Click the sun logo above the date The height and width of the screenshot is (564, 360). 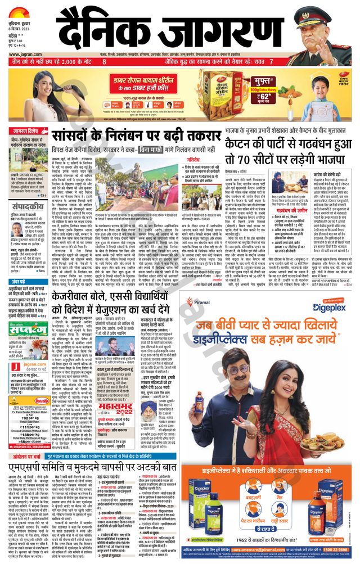click(x=19, y=10)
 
